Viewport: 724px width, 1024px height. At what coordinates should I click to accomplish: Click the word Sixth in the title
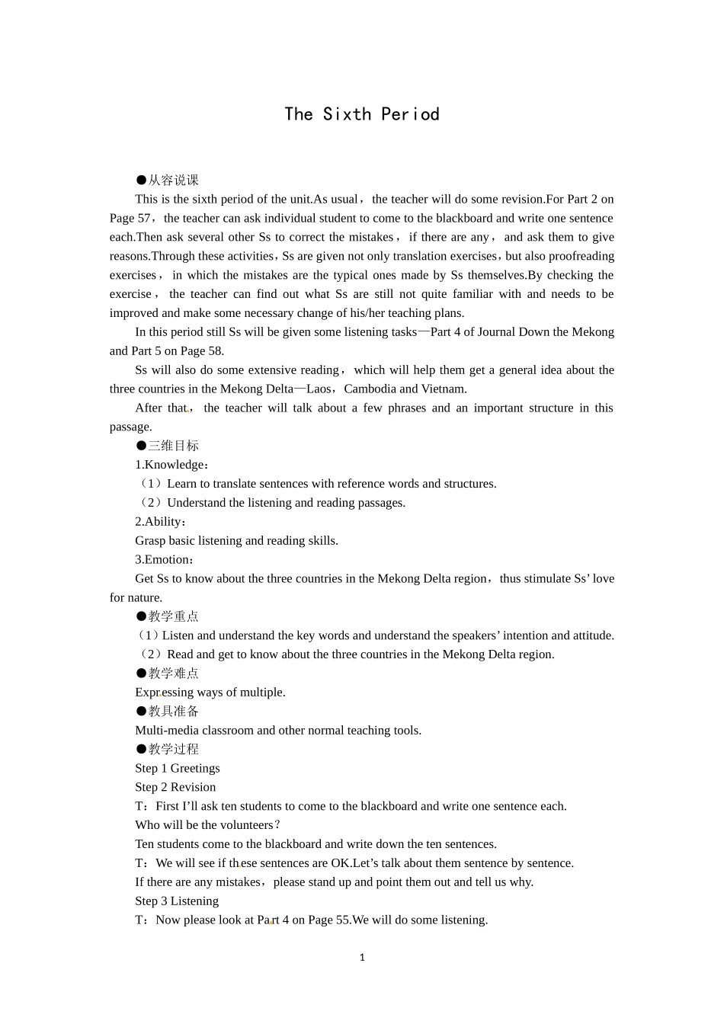tap(347, 114)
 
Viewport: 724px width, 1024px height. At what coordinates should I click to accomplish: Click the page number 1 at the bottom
tap(362, 958)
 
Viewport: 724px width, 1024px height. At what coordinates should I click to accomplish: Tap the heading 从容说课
tap(173, 180)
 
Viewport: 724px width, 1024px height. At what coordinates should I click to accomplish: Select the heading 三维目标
tap(173, 446)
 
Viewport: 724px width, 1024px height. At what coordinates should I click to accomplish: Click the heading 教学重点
tap(173, 616)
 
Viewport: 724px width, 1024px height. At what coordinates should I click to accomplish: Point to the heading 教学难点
tap(173, 674)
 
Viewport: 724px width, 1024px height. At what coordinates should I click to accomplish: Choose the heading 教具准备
tap(173, 711)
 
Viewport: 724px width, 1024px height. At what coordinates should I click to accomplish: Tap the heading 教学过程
tap(173, 749)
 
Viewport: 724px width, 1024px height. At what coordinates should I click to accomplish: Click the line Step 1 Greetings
tap(178, 768)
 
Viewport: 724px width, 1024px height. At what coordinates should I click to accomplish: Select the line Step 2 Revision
tap(175, 787)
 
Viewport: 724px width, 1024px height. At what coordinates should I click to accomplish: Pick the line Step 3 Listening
tap(177, 901)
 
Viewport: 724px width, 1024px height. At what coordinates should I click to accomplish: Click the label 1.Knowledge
tap(171, 465)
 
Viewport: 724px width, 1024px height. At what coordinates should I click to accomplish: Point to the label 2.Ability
tap(159, 522)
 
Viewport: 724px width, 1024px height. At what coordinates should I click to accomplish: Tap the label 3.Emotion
tap(163, 559)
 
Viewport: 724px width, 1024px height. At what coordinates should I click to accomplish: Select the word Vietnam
tap(444, 389)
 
